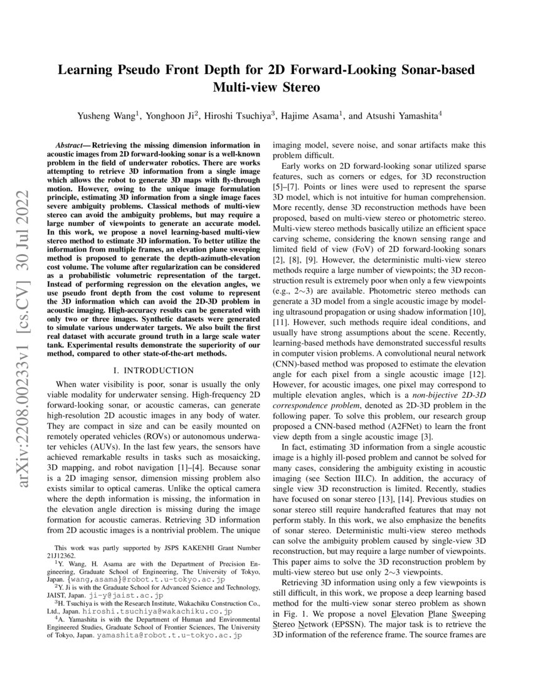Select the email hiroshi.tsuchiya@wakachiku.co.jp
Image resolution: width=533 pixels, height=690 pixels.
(x=166, y=610)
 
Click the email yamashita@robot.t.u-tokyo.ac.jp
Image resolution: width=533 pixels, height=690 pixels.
(x=169, y=635)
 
